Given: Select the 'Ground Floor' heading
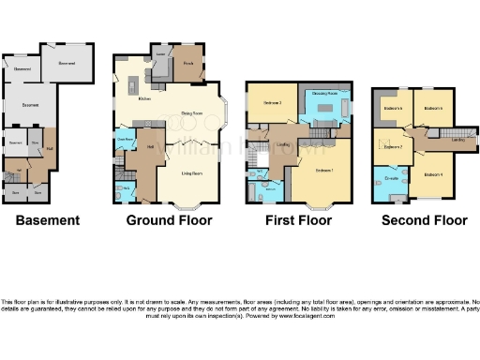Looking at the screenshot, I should point(170,221).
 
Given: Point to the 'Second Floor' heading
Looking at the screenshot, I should point(425,221).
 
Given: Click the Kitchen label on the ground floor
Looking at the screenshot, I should point(145,97).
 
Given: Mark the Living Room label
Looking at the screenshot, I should point(193,173).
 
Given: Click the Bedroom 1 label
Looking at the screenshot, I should point(324,171).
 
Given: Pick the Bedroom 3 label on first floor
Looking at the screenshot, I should point(273,101).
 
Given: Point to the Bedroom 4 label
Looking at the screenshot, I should point(432,174).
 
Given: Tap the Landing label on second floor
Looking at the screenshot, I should point(458,141).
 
